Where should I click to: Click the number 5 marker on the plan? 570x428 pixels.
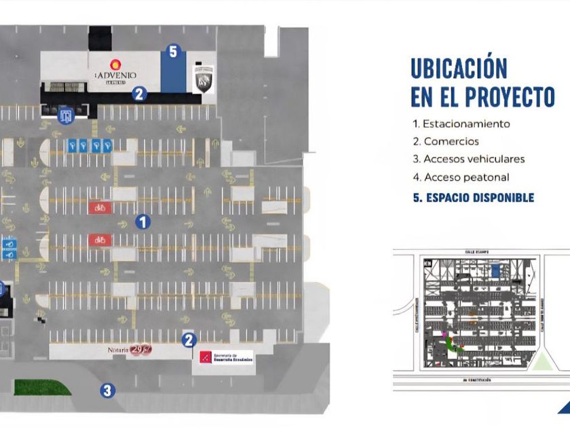point(173,52)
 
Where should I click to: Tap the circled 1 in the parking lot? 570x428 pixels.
point(142,221)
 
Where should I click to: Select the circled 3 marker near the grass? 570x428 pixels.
point(107,390)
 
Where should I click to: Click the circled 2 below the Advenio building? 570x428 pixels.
point(139,94)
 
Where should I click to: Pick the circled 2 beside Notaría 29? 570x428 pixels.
point(189,340)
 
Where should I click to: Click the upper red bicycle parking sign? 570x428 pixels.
point(100,208)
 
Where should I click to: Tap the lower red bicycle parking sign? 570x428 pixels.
point(100,240)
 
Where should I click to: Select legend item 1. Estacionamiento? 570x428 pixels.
point(461,124)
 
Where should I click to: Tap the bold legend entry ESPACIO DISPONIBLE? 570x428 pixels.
point(474,198)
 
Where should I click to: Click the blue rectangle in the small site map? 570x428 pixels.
point(496,270)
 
